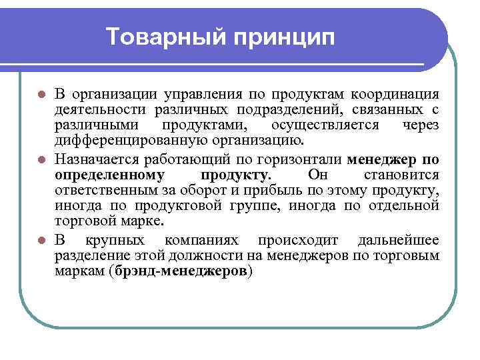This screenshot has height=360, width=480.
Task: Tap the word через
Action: [x=421, y=125]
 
